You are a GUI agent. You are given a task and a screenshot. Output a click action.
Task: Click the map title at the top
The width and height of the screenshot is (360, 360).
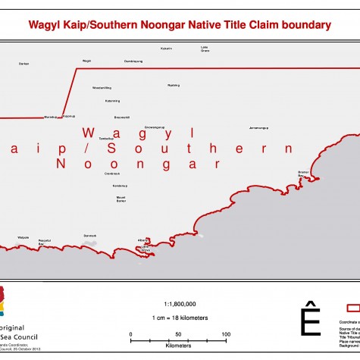180,25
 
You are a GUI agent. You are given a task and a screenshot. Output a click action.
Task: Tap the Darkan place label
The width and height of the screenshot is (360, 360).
23,64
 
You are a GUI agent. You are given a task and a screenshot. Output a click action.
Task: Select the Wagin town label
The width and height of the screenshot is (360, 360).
86,61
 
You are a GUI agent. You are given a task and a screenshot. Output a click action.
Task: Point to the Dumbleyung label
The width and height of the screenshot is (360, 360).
133,61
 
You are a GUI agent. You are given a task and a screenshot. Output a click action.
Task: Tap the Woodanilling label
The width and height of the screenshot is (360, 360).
102,88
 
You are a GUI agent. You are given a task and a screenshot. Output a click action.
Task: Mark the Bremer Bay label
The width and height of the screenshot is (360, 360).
305,174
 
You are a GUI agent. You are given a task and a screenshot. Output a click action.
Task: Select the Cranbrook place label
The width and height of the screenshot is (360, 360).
112,173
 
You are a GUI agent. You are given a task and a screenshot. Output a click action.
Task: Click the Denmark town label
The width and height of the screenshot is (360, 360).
90,236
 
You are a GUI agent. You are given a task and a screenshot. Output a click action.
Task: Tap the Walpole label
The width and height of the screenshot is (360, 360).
23,237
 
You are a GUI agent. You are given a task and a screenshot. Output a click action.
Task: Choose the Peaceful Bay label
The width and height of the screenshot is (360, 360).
45,242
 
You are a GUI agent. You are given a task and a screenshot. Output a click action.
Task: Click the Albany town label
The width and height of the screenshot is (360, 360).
142,240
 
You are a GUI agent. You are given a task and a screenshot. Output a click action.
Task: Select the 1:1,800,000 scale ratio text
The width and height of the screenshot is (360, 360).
180,302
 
